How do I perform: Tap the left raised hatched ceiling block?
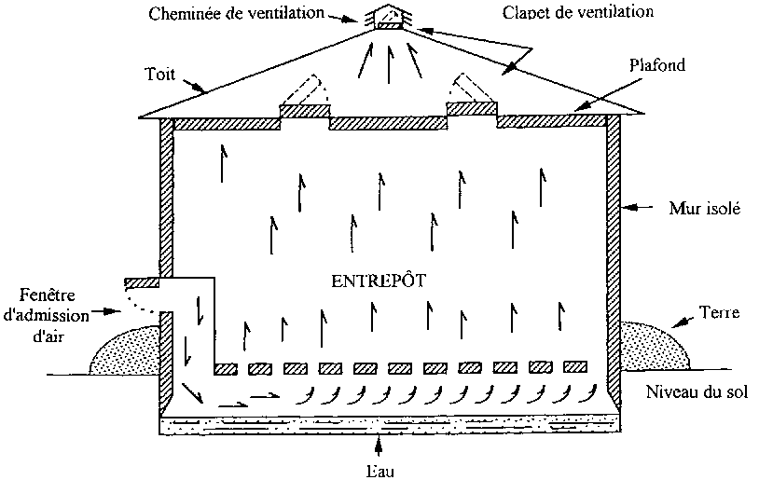[305, 111]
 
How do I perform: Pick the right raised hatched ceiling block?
[471, 109]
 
